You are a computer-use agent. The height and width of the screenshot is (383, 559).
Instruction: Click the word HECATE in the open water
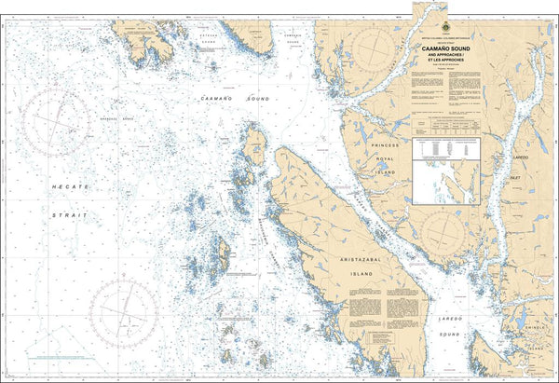tap(71, 187)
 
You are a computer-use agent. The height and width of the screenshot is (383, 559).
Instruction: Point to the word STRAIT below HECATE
tap(71, 213)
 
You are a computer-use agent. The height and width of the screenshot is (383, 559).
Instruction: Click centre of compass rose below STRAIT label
tap(124, 308)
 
